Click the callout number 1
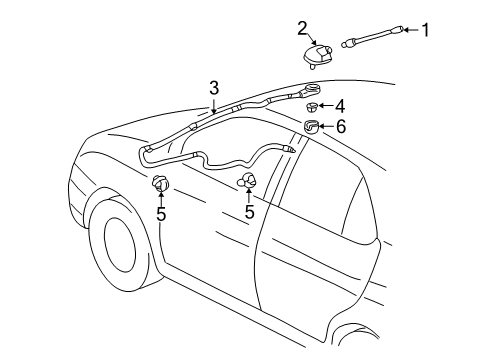(x=424, y=30)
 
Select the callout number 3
(x=213, y=88)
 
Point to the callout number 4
(x=340, y=105)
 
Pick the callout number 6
(x=340, y=127)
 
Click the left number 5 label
(x=160, y=213)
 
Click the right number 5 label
(x=249, y=212)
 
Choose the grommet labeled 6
(x=312, y=127)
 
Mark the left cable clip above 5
(x=159, y=183)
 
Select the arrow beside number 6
(x=327, y=127)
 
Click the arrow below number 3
(x=213, y=105)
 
